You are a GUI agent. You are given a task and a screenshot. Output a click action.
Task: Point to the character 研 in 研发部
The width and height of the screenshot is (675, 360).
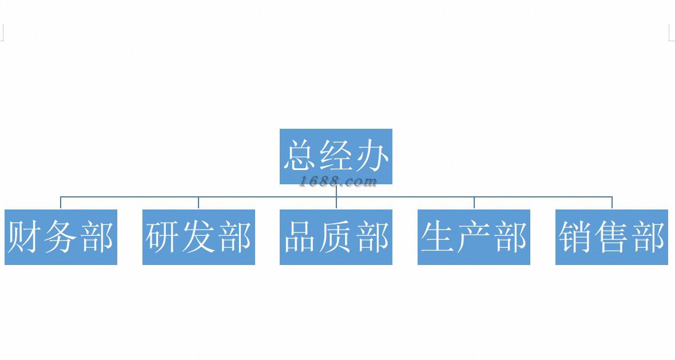162,237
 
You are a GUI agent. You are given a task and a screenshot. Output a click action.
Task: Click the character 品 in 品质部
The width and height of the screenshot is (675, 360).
300,237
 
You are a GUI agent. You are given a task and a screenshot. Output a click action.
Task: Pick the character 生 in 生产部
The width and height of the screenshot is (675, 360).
438,237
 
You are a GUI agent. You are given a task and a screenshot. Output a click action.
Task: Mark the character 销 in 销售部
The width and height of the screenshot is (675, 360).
575,237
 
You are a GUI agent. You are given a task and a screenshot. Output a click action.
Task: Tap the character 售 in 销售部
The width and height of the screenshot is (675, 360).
612,237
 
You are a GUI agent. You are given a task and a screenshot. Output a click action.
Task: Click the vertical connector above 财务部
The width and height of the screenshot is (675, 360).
61,203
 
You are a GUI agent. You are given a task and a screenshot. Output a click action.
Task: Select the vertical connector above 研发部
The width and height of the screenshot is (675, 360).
198,203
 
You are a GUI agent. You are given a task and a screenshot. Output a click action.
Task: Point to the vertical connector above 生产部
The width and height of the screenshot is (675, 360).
474,203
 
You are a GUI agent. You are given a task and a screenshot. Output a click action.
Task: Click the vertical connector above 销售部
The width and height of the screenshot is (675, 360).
612,203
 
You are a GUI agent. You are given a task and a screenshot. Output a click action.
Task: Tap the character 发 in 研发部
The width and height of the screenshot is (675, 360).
198,237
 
